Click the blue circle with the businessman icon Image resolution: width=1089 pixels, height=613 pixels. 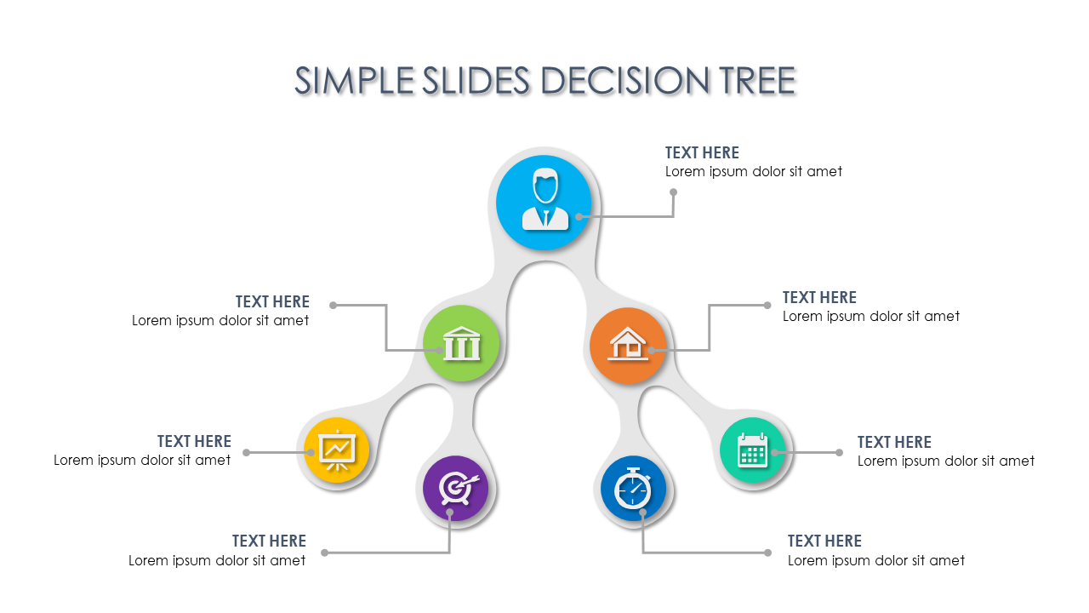click(544, 203)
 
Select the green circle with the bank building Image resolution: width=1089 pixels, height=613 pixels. click(461, 343)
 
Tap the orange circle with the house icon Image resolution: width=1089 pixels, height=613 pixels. click(628, 346)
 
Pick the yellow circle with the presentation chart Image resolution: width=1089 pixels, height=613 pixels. click(336, 450)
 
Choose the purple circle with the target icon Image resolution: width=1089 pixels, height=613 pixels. click(455, 488)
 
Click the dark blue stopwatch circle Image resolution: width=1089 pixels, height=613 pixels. click(633, 489)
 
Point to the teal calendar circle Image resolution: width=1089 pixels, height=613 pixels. click(753, 450)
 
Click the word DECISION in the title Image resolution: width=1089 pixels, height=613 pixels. click(624, 80)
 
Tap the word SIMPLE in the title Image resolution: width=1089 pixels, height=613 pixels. click(354, 80)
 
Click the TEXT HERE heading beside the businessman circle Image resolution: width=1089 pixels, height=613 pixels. click(702, 152)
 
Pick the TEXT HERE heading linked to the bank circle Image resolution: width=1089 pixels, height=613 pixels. click(272, 301)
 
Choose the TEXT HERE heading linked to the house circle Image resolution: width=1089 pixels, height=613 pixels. click(819, 297)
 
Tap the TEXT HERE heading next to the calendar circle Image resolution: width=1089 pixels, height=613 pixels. click(894, 442)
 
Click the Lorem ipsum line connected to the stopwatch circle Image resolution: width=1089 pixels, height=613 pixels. click(876, 560)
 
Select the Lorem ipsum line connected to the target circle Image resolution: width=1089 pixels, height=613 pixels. click(217, 560)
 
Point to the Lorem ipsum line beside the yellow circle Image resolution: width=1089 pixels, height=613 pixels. click(142, 461)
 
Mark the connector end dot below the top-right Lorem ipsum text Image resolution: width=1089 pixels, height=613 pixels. click(673, 192)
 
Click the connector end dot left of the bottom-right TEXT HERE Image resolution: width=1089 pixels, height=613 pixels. click(767, 553)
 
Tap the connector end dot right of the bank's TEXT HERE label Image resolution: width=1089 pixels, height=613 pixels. click(333, 306)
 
